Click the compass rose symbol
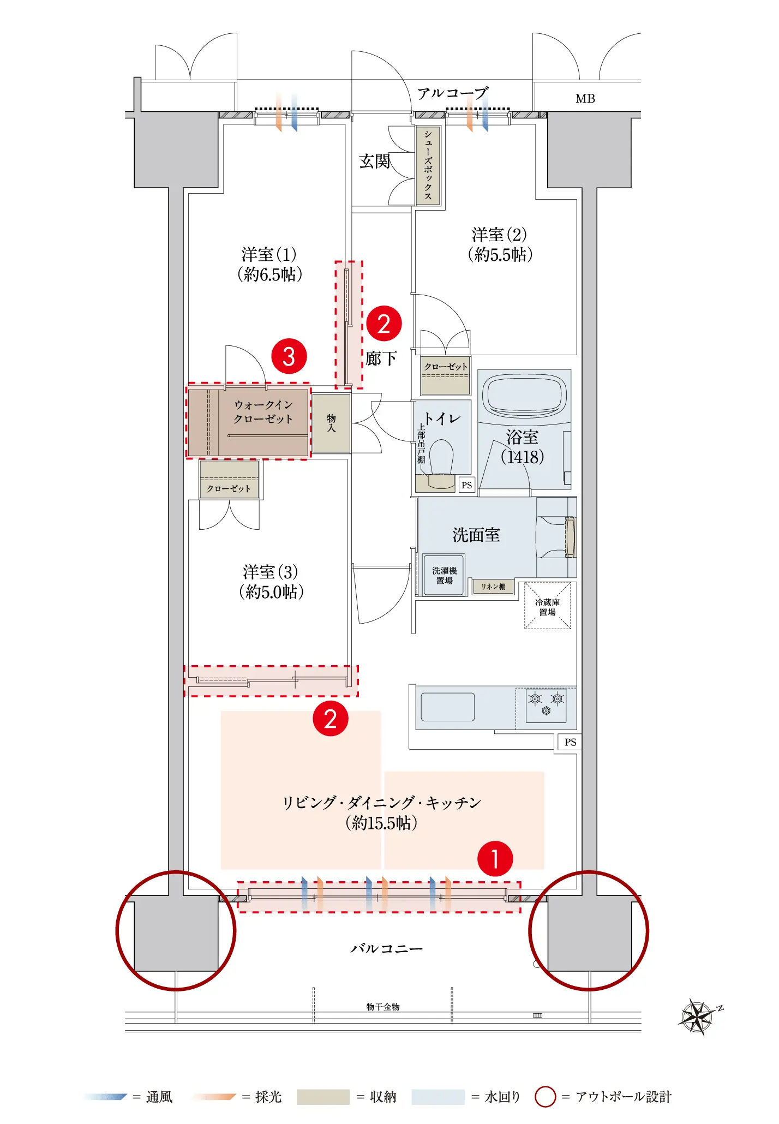(698, 1017)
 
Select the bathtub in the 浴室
(524, 394)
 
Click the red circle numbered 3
(289, 357)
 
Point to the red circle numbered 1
(495, 859)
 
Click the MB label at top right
(585, 99)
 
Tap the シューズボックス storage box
(428, 165)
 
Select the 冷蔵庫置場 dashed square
(548, 606)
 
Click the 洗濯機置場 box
(445, 575)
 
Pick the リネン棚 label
(493, 587)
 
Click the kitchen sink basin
(447, 707)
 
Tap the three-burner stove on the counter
(546, 705)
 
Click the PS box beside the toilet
(466, 485)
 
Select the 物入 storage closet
(331, 423)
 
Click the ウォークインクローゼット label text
(263, 412)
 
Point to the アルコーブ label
(452, 93)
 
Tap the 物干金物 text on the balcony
(383, 1007)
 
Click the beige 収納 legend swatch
(323, 1097)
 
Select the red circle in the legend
(545, 1097)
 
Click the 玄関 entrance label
(374, 161)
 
